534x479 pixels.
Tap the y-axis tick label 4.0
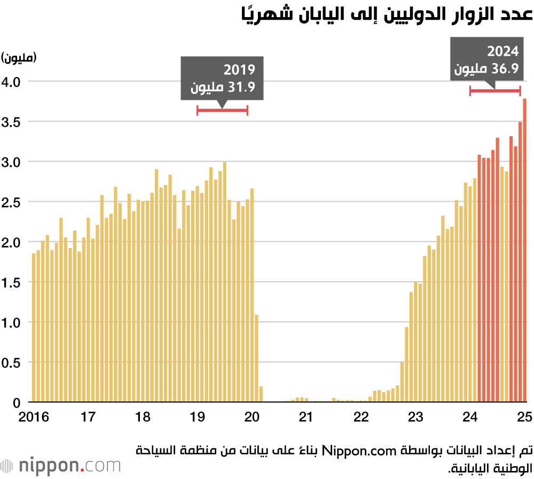[x=12, y=81]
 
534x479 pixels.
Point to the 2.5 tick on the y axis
[x=12, y=202]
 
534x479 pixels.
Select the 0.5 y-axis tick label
[x=12, y=362]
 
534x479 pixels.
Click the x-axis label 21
[x=306, y=416]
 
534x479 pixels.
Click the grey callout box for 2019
[x=222, y=78]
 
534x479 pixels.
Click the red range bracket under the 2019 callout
[x=222, y=110]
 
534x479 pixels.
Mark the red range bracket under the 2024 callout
[x=495, y=91]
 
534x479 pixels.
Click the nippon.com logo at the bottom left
[x=61, y=465]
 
